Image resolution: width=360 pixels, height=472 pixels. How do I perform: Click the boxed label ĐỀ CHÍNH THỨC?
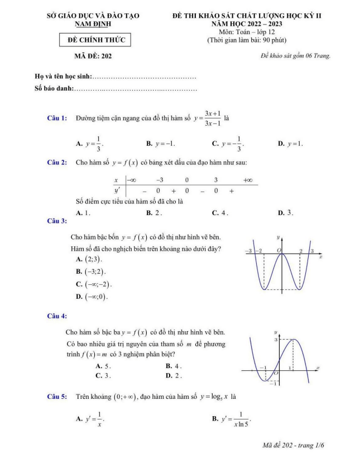[95, 40]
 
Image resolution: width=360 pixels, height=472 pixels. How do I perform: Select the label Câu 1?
[57, 118]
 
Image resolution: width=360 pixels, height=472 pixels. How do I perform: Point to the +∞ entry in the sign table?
[248, 180]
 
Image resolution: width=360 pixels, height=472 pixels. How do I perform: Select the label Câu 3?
[57, 221]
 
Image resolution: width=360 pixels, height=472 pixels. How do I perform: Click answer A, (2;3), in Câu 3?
[85, 260]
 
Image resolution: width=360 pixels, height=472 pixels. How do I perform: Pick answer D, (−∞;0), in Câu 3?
[92, 296]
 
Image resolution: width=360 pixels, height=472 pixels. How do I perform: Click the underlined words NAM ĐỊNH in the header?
[93, 24]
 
